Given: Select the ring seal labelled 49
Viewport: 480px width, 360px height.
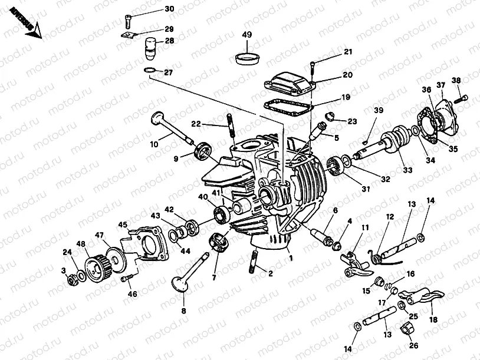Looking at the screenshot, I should [247, 58].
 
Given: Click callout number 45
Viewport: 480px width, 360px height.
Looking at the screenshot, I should [122, 224].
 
